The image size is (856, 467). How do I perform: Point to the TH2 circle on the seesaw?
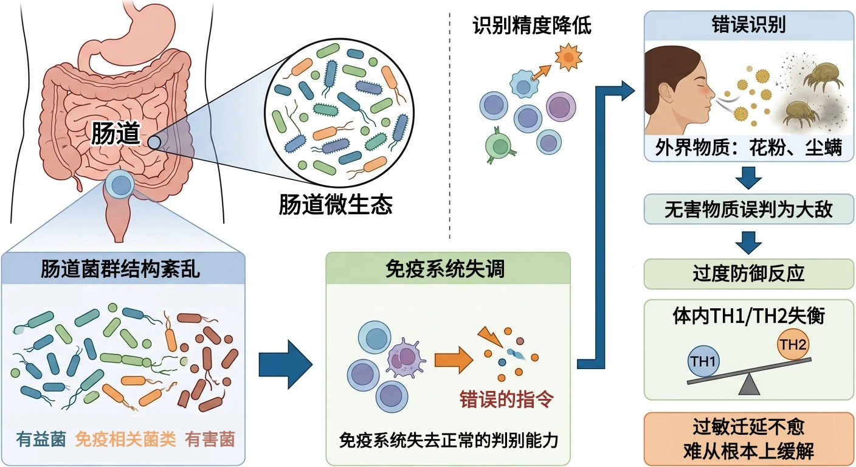(793, 346)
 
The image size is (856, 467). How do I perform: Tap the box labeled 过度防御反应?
(748, 274)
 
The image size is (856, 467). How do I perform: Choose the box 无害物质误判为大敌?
(748, 210)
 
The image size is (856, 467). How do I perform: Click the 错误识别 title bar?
(748, 25)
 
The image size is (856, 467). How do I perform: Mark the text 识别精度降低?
(532, 26)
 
